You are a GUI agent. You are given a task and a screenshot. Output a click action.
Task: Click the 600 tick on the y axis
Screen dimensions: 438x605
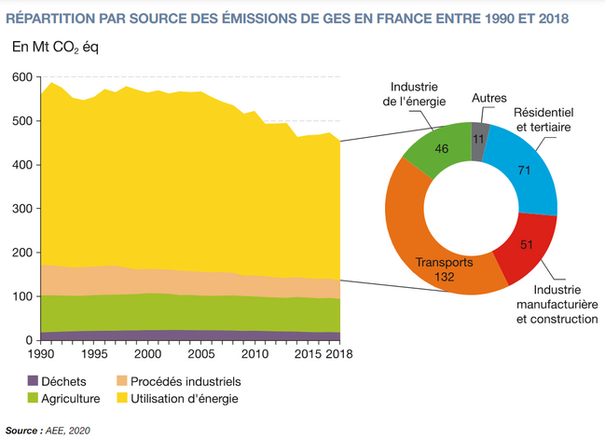coord(21,77)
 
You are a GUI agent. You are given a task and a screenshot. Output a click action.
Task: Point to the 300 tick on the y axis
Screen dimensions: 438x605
coord(21,209)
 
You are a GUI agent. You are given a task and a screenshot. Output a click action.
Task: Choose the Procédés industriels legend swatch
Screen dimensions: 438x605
coord(120,381)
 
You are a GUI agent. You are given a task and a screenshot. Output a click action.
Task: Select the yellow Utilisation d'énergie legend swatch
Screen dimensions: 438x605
coord(120,399)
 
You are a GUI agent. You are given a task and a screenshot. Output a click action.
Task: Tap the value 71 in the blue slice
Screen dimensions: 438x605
coord(525,171)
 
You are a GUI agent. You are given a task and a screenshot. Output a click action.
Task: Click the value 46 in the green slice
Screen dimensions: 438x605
coord(442,147)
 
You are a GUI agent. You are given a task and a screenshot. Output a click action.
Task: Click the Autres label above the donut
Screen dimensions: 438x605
coord(489,98)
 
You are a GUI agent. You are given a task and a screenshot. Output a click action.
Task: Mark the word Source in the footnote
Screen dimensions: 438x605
coord(22,430)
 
